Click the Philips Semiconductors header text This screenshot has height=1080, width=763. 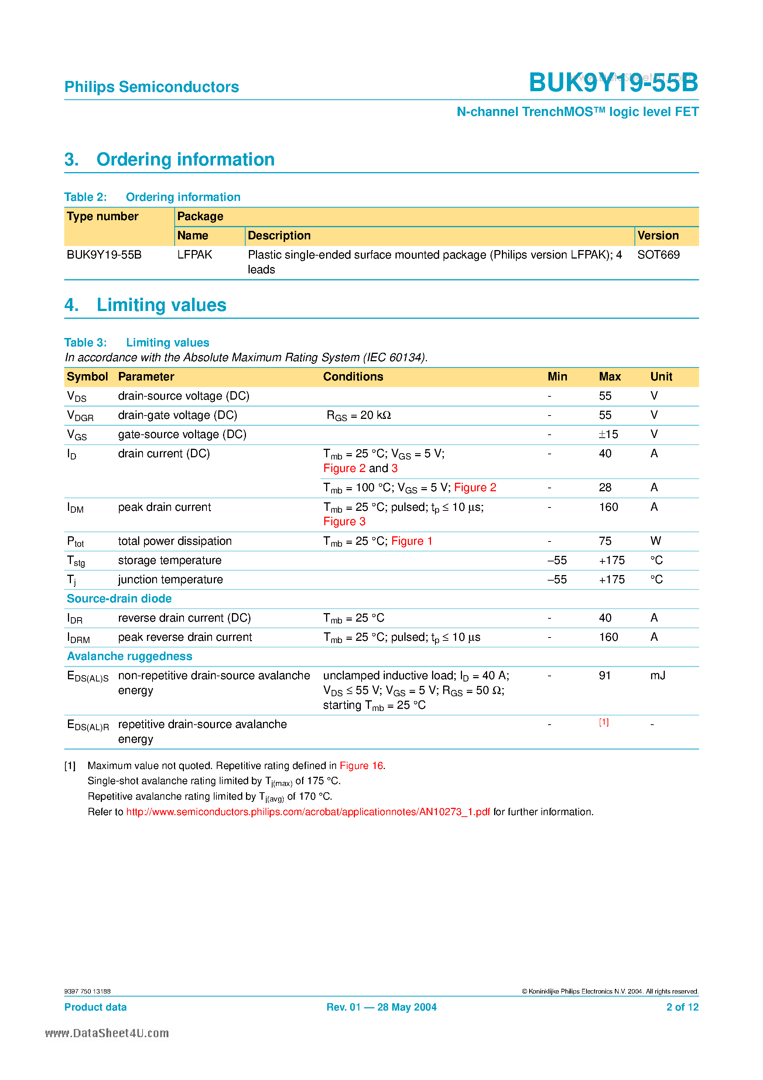click(x=151, y=87)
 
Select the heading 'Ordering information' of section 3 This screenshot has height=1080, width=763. click(x=185, y=160)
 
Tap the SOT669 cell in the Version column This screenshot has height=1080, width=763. click(x=658, y=255)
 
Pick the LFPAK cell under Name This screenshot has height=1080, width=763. click(x=195, y=255)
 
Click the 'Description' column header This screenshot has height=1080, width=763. click(x=279, y=236)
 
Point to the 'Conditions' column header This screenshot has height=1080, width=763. click(x=353, y=377)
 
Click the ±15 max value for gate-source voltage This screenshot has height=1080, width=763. click(x=608, y=435)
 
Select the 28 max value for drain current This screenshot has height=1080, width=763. click(x=605, y=488)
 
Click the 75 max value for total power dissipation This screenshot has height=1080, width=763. click(x=605, y=541)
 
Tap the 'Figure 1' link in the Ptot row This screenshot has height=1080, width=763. click(x=412, y=541)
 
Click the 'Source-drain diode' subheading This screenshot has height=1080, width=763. click(x=119, y=599)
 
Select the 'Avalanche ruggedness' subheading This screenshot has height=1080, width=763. click(x=129, y=657)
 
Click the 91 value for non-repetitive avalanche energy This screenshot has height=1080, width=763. click(x=605, y=676)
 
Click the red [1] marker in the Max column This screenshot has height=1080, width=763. click(x=603, y=722)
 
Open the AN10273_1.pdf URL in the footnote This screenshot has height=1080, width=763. click(x=308, y=812)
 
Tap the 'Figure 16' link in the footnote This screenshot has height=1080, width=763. click(x=361, y=766)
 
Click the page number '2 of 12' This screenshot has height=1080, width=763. click(x=682, y=1007)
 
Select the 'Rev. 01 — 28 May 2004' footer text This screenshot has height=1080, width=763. click(x=381, y=1007)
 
